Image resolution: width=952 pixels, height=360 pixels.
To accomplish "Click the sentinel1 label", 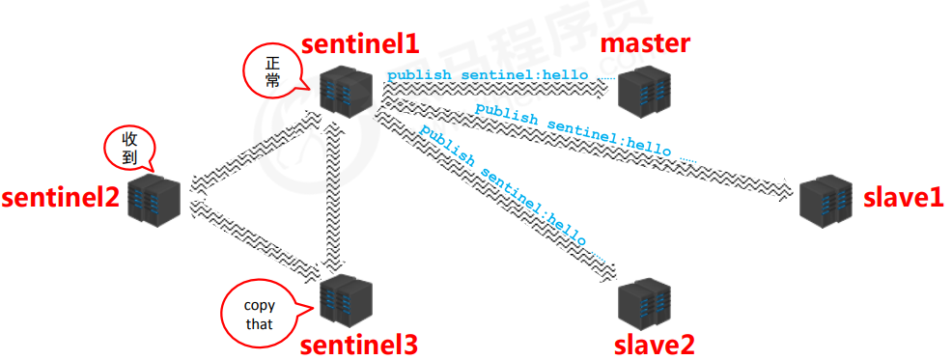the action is click(x=360, y=43).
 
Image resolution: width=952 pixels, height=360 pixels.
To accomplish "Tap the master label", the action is click(x=645, y=42).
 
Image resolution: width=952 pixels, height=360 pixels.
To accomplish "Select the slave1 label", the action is click(x=902, y=199).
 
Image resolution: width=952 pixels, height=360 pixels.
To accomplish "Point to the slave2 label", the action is click(x=655, y=344).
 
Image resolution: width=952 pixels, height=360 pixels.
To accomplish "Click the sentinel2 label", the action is click(x=60, y=198).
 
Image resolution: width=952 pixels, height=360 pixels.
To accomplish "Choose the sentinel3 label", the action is click(x=359, y=345).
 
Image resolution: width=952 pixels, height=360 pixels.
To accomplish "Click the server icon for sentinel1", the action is click(x=347, y=89).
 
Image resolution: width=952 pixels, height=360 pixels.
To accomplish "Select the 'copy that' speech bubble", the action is click(x=259, y=315).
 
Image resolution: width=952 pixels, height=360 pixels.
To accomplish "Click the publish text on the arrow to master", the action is click(x=488, y=74).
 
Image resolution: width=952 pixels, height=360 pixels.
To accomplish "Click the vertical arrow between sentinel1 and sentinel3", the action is click(x=333, y=193).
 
